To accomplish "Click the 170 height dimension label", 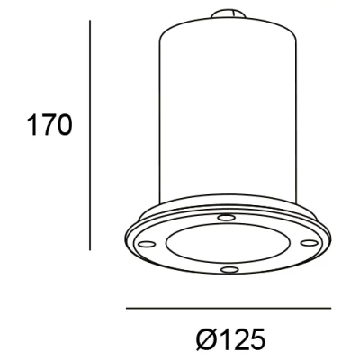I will click(47, 125).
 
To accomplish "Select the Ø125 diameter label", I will click(229, 338).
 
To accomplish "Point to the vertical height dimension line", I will click(91, 135).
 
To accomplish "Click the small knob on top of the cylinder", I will click(229, 15).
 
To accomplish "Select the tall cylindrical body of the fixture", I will click(229, 108).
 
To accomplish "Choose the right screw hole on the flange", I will click(310, 241).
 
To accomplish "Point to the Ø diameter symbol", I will click(203, 338).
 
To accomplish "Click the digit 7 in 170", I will click(47, 125).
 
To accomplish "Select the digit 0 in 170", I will click(63, 125).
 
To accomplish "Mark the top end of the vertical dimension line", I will click(91, 21).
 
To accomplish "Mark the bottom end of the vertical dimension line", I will click(91, 249).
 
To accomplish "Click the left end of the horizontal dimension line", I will click(127, 309).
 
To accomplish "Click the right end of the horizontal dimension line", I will click(331, 309).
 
